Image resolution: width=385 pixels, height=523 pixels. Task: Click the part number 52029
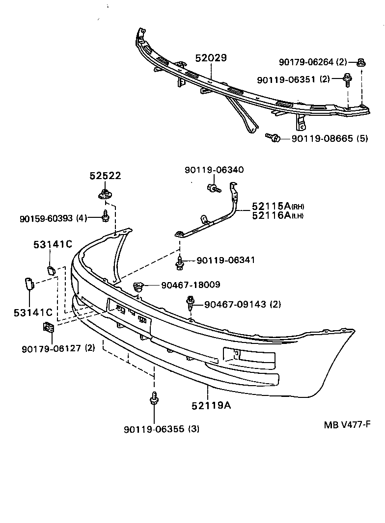coord(211,58)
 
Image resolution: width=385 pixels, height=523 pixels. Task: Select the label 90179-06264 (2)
coord(313,62)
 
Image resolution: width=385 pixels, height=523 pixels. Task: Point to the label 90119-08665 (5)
coord(330,139)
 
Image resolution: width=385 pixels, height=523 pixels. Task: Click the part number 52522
coord(105,176)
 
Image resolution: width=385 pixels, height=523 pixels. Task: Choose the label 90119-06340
coord(214,170)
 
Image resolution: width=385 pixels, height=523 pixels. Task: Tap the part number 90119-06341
coord(225,260)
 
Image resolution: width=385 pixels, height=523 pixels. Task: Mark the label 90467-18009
coord(184,285)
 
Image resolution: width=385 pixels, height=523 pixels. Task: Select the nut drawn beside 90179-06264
coord(361,62)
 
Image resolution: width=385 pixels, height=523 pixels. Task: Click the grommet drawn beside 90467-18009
coord(138,286)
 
